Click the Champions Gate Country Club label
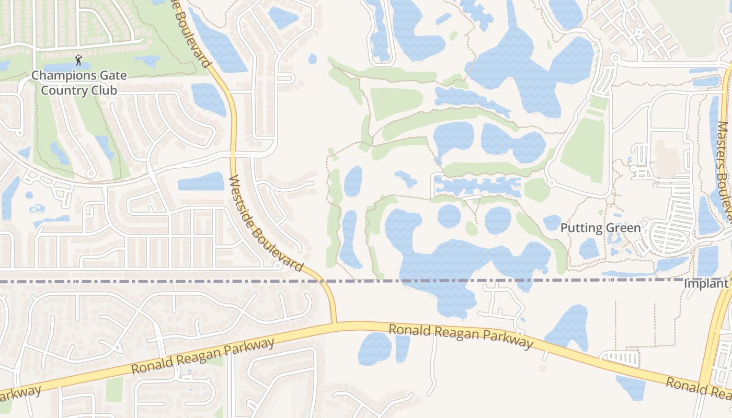tap(78, 83)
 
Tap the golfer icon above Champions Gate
tap(78, 60)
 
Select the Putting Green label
tap(600, 228)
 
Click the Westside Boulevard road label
tap(266, 223)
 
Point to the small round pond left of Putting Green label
tap(552, 223)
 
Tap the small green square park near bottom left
tap(115, 389)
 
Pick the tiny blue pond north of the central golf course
tap(312, 59)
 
